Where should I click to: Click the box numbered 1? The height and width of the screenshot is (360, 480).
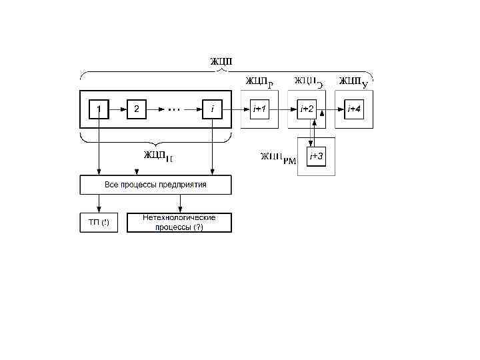99,109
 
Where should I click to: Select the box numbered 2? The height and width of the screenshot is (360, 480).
136,109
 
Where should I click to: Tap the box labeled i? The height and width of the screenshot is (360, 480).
212,109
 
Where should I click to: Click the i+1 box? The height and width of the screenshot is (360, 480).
259,109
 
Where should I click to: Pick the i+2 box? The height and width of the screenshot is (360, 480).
307,109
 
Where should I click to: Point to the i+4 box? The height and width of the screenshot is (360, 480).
354,109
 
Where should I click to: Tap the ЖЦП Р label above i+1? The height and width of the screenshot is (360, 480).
259,82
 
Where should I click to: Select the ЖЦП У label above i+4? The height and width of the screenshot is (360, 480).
353,82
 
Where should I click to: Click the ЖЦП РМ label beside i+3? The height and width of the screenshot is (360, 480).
278,159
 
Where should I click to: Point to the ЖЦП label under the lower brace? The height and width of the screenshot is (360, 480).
157,156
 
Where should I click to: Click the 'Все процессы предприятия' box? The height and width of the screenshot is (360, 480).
155,185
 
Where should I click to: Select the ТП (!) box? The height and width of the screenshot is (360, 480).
99,223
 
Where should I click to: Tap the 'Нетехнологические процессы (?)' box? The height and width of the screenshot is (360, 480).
179,223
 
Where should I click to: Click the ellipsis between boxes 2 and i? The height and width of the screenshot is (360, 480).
174,109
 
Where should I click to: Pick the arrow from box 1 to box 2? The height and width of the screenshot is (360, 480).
117,109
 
